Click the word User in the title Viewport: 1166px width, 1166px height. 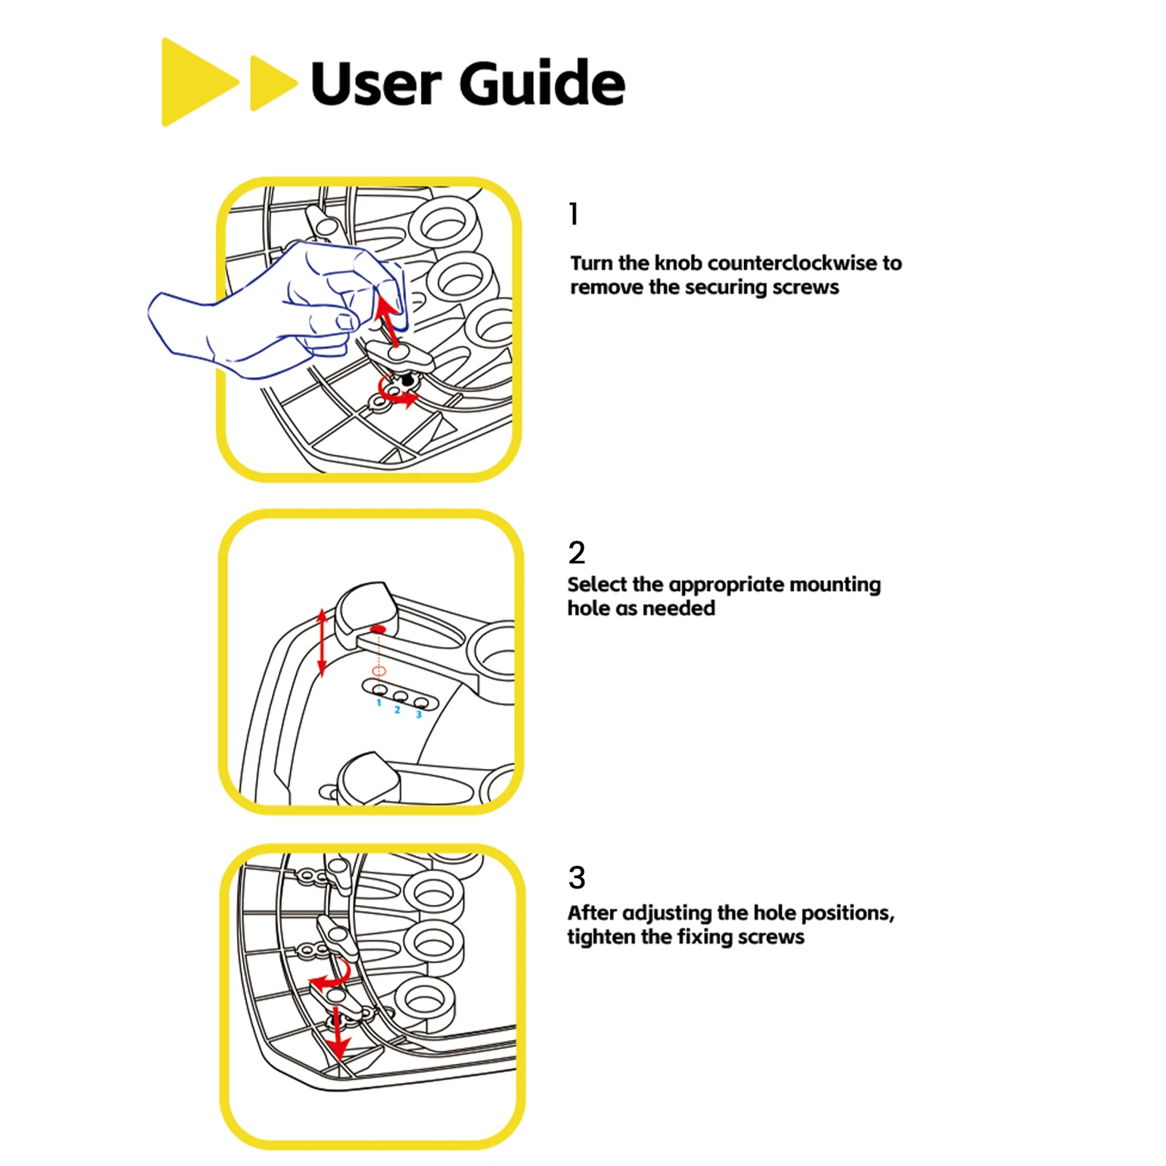point(376,84)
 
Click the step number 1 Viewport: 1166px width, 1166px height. point(574,214)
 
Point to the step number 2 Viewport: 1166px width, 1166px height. point(576,552)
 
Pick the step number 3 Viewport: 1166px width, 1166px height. point(576,877)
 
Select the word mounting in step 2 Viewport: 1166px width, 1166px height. point(835,585)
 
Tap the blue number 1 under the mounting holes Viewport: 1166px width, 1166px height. point(379,703)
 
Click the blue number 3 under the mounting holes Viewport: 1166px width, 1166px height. point(419,714)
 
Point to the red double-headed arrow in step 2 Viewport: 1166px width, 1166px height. point(322,643)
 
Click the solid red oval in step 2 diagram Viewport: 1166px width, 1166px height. point(377,628)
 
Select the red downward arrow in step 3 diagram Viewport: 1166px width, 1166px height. point(337,1033)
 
